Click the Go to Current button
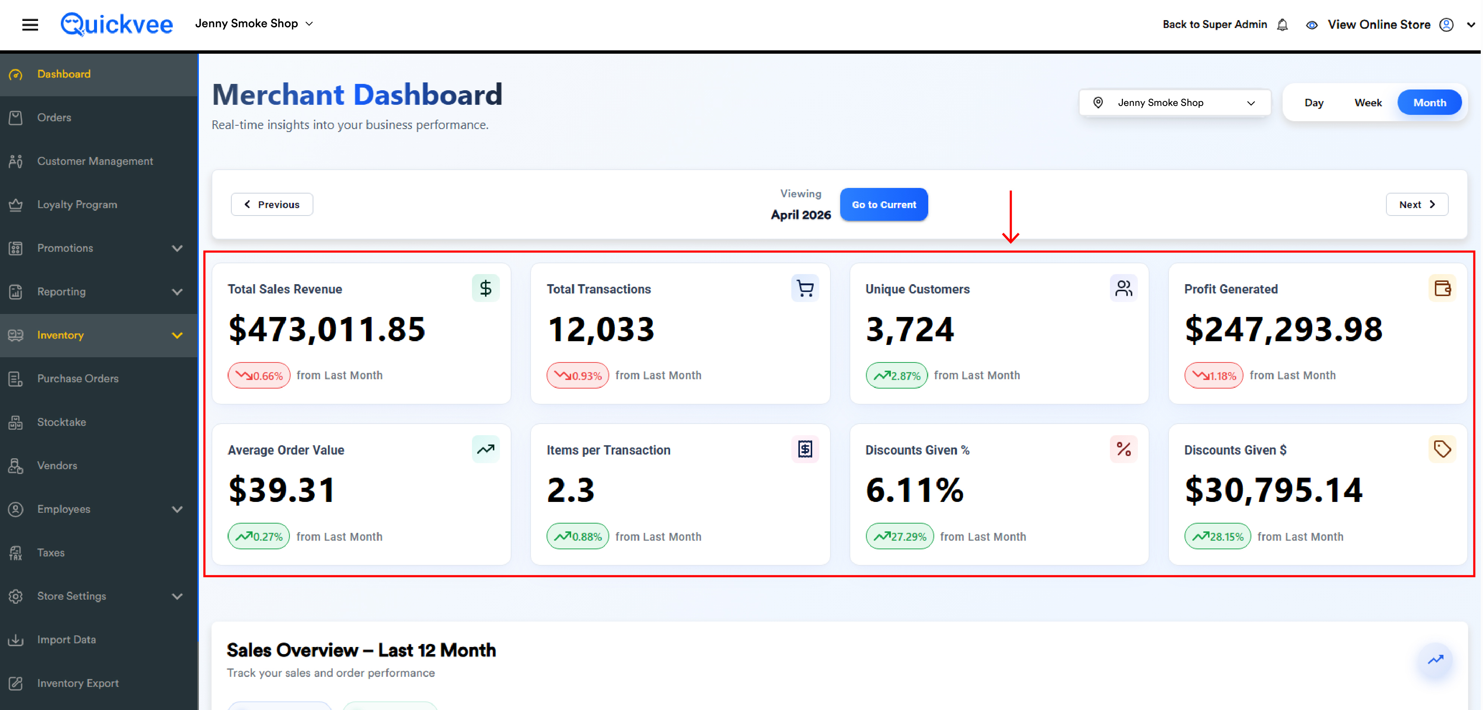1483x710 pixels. point(884,204)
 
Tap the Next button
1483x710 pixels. point(1417,204)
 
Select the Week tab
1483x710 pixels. point(1368,103)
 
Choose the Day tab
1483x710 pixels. point(1314,103)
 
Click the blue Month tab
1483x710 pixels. point(1429,103)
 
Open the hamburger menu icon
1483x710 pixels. point(30,24)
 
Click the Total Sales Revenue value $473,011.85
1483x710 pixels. point(326,329)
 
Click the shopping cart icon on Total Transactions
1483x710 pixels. point(805,288)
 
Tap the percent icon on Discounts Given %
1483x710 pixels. point(1123,449)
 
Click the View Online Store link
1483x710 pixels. point(1379,25)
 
